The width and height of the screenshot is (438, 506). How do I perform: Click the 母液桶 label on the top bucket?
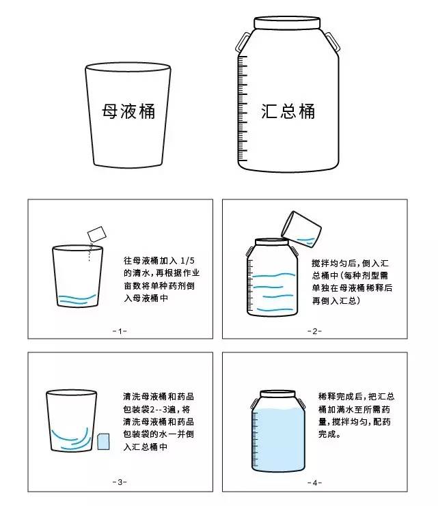pos(128,111)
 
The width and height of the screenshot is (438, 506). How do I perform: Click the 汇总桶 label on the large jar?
pos(288,111)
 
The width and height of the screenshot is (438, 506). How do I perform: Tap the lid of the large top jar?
pos(287,23)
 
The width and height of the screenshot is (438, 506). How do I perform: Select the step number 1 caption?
pos(120,331)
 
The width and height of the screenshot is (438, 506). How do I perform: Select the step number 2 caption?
pos(314,331)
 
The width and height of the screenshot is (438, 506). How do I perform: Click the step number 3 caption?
pos(120,482)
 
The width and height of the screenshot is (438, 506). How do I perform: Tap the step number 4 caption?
pos(314,483)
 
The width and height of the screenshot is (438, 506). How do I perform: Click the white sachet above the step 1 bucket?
pos(97,234)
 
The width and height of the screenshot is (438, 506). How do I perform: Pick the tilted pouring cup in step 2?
pos(301,229)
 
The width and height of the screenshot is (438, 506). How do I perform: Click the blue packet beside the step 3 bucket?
pos(103,442)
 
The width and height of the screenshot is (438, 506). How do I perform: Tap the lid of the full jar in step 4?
pos(278,394)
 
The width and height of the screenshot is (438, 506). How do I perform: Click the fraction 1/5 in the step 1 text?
pos(188,261)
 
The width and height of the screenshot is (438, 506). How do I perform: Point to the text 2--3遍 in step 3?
pos(163,410)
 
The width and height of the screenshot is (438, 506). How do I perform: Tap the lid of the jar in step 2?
pos(272,242)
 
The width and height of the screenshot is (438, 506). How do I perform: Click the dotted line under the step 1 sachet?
pos(90,252)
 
